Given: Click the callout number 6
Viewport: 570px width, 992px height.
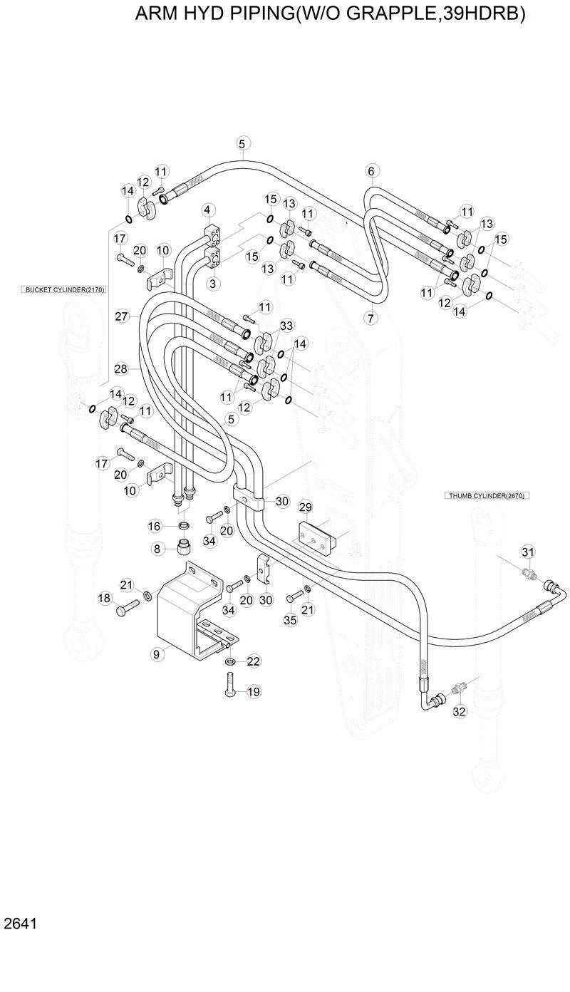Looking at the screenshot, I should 370,170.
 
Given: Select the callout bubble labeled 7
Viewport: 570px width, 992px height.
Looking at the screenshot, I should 370,319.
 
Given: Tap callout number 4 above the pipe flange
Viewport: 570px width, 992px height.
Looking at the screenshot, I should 207,210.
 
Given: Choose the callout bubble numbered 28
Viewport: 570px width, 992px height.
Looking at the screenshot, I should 121,368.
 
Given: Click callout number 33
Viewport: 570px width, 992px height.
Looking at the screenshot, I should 286,326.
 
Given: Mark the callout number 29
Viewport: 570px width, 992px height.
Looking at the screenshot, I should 305,507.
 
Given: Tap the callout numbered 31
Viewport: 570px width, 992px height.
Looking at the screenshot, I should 528,552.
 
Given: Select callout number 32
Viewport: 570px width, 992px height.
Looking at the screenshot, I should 459,711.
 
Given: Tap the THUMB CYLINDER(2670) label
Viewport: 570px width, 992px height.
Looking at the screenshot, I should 488,495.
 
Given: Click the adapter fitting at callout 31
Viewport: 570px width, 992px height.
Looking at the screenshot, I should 529,572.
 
